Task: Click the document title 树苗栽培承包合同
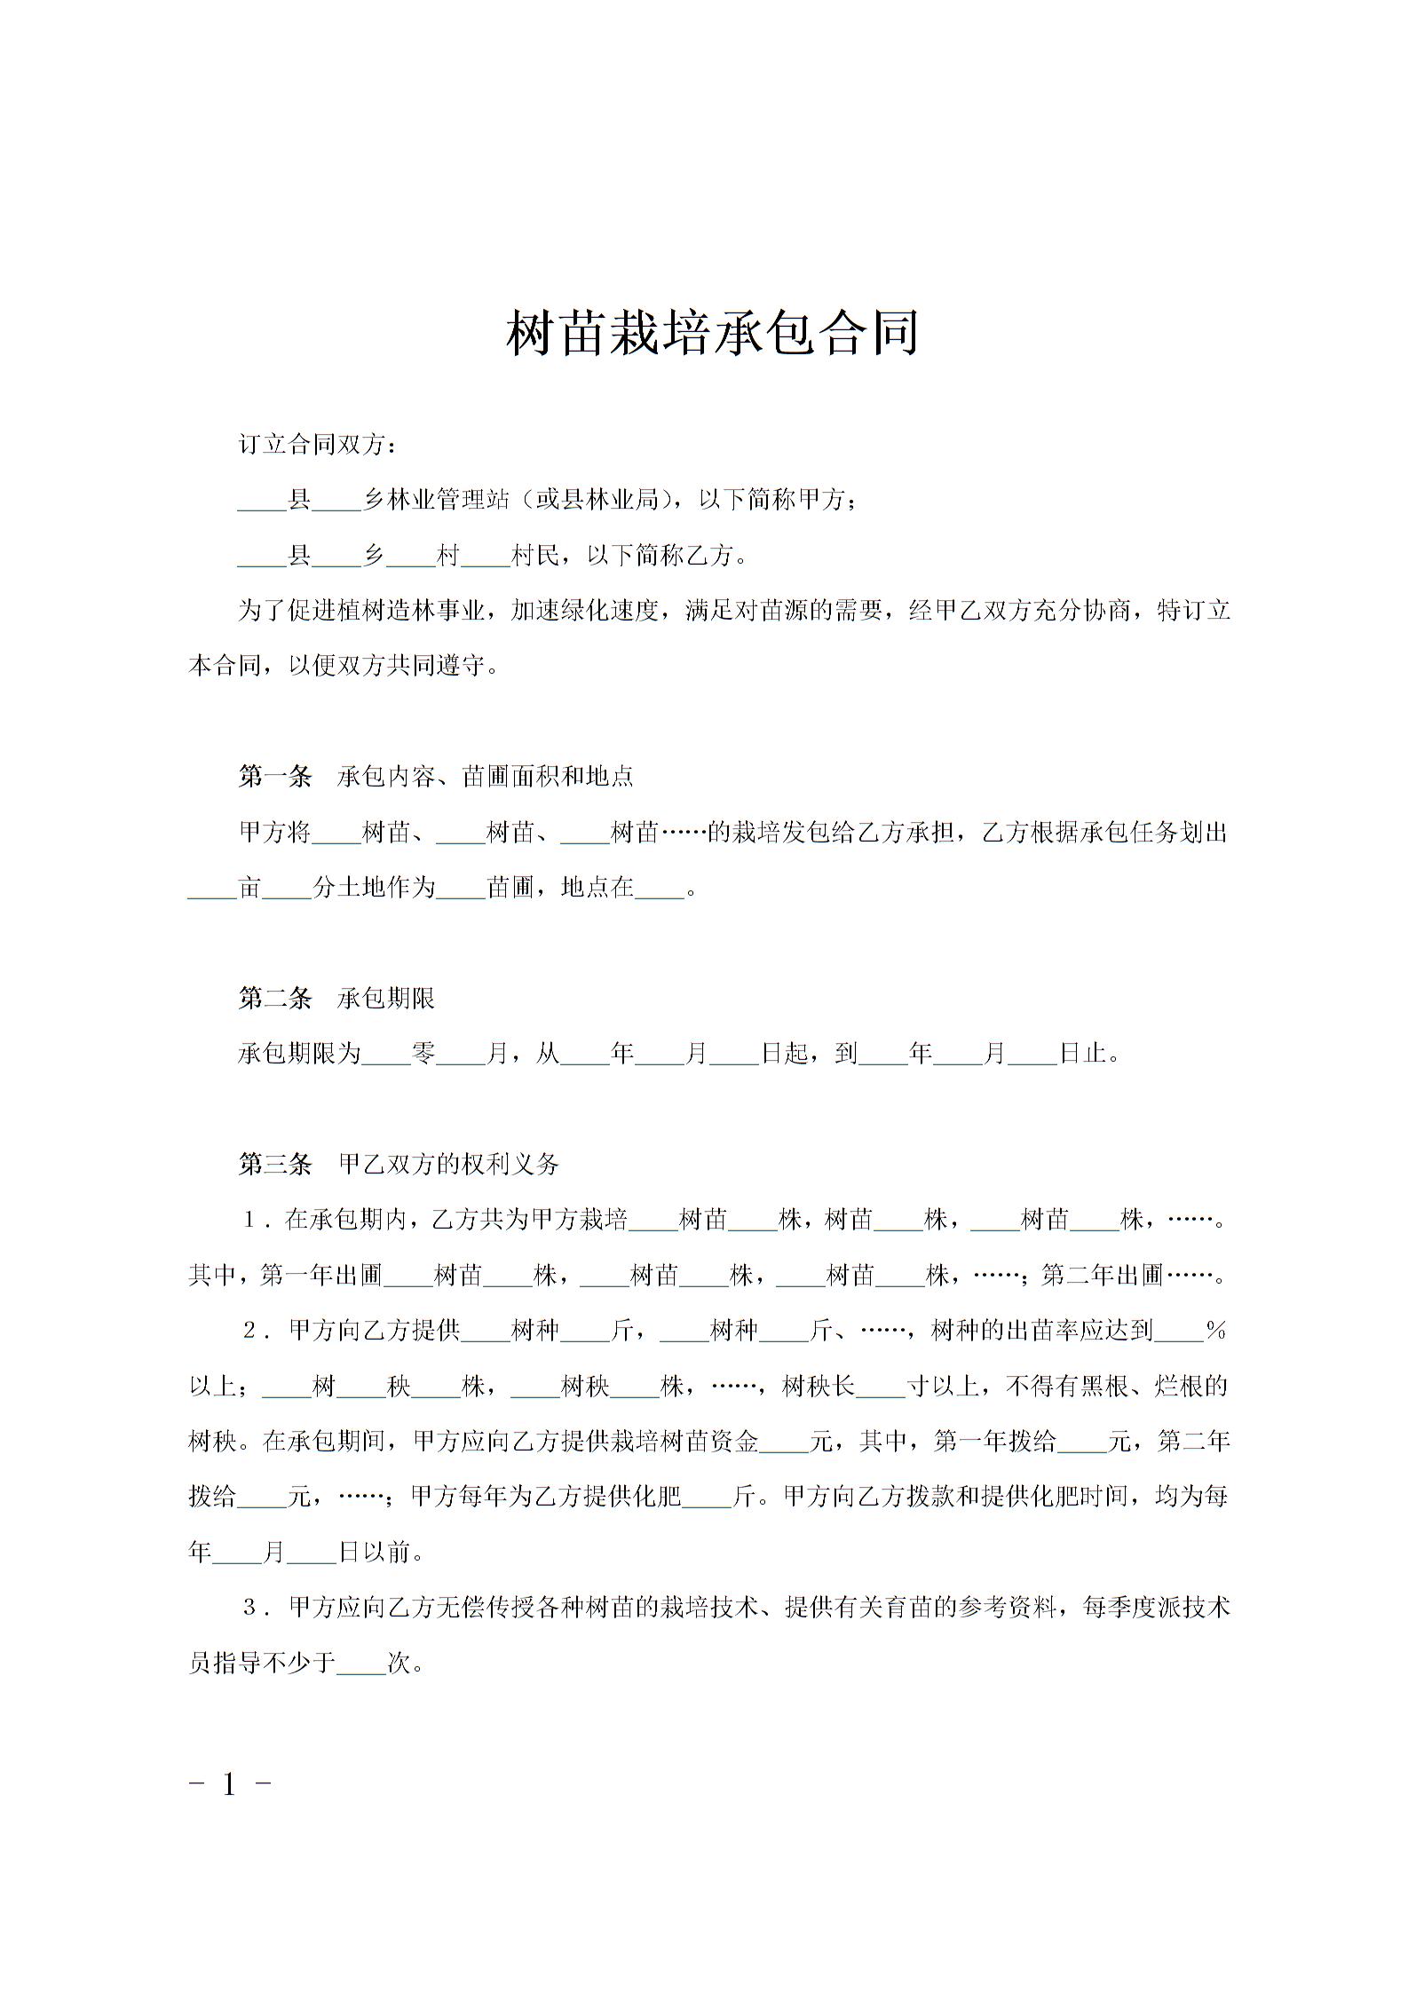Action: [x=712, y=333]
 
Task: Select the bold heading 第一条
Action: [x=275, y=777]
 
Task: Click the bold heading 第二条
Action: [x=275, y=999]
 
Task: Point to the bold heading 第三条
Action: [x=275, y=1164]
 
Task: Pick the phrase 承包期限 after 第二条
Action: [x=386, y=999]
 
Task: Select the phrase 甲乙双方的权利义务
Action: [x=448, y=1164]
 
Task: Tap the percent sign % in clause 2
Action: [x=1215, y=1331]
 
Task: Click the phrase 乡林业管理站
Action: [x=436, y=500]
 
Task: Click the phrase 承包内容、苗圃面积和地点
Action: [x=486, y=777]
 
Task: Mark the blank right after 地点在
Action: [x=660, y=888]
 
